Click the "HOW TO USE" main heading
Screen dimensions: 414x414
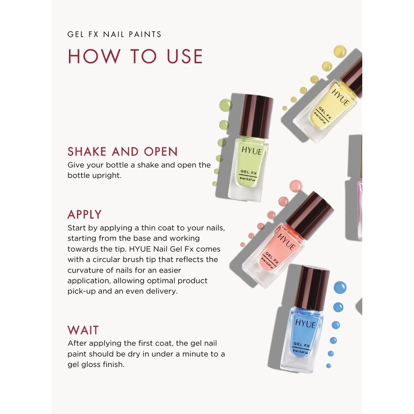[135, 56]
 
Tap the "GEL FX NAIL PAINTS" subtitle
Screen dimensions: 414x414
[114, 34]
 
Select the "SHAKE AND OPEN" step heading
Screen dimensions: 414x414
[122, 151]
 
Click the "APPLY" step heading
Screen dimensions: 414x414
[85, 214]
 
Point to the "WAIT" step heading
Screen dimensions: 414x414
[83, 331]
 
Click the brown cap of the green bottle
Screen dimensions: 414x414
[257, 117]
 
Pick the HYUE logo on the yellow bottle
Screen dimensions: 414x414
[341, 97]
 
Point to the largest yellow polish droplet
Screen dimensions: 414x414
[340, 51]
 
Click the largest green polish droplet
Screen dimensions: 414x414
[226, 105]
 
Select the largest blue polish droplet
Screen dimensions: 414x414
[340, 287]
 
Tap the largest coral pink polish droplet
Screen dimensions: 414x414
[296, 186]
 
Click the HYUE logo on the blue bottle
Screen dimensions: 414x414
[305, 324]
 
